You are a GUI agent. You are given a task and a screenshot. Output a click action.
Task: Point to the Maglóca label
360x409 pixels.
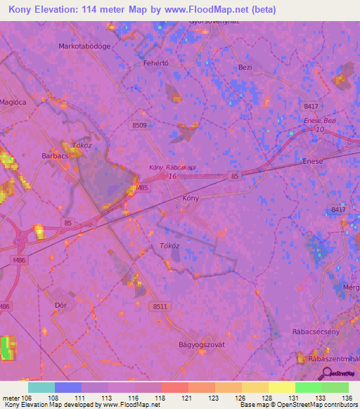click(x=9, y=105)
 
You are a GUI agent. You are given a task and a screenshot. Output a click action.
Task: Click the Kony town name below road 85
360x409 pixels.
click(x=191, y=199)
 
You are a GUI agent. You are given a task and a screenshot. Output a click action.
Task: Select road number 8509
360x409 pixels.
click(x=139, y=125)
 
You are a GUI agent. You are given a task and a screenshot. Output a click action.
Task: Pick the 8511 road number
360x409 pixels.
click(x=160, y=306)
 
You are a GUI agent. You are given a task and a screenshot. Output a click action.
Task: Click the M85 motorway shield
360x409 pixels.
click(x=142, y=188)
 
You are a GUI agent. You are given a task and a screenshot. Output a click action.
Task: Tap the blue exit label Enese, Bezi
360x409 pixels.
click(x=320, y=122)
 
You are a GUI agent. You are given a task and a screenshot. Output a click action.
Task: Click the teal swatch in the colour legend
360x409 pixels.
click(x=41, y=387)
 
